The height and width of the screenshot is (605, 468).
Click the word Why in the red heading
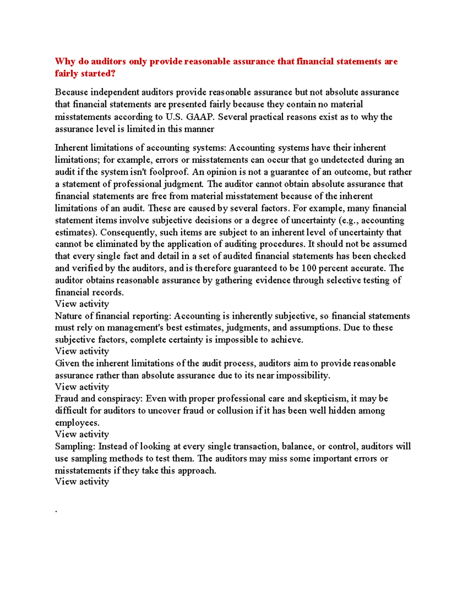point(65,62)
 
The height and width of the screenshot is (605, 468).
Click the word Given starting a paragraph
point(67,363)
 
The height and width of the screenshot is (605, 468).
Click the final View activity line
point(82,482)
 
